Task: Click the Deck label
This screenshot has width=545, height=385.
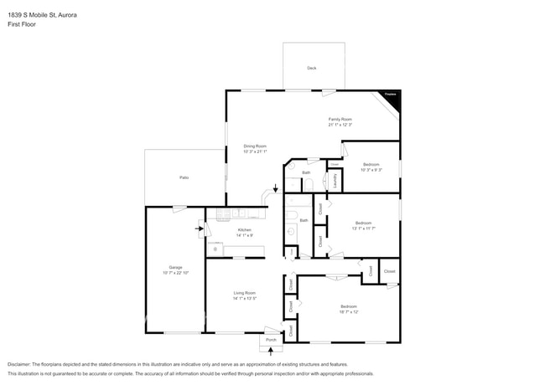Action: [x=311, y=68]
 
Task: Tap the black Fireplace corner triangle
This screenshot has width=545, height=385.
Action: [x=392, y=99]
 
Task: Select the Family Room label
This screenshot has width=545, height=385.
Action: [x=340, y=119]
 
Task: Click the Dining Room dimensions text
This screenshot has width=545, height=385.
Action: [x=255, y=151]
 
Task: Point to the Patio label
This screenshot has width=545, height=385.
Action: [x=183, y=177]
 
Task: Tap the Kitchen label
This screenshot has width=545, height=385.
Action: [x=244, y=229]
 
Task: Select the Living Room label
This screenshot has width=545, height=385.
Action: [x=244, y=293]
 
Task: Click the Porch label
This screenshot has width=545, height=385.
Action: [x=271, y=340]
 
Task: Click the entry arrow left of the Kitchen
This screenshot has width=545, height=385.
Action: [x=200, y=227]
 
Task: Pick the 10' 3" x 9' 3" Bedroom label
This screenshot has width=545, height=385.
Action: [x=371, y=164]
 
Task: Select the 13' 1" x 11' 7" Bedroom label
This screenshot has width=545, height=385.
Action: [x=363, y=223]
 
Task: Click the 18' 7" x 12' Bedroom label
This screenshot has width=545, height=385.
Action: [x=349, y=306]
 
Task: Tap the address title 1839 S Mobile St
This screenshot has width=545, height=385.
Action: [x=44, y=13]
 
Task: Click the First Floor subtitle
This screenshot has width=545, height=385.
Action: [x=22, y=24]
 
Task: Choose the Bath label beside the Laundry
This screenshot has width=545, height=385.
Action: [x=306, y=172]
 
